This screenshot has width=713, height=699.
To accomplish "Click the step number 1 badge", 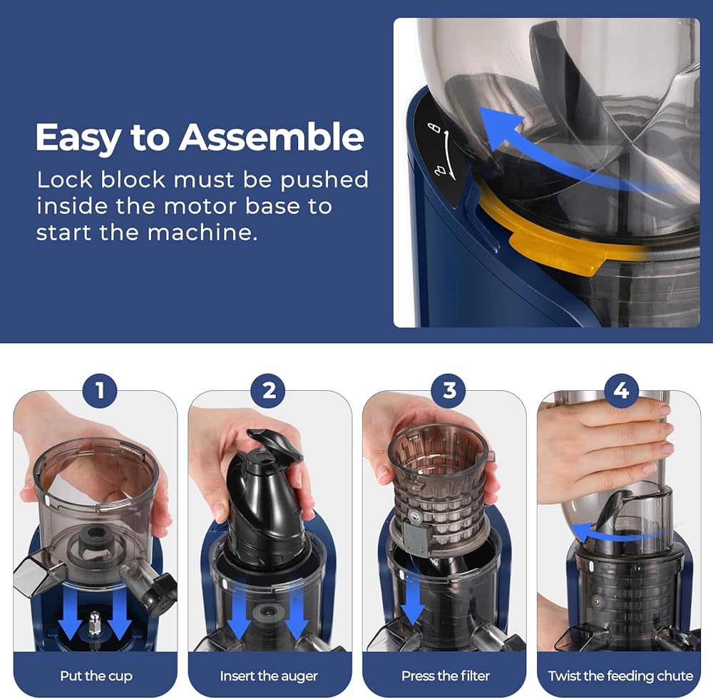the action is (100, 390).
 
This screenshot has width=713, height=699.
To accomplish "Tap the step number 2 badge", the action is (268, 390).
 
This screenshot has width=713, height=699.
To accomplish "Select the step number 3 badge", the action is (448, 390).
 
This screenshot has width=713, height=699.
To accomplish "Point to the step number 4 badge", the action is (621, 390).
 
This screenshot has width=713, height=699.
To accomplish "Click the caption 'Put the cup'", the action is (96, 675).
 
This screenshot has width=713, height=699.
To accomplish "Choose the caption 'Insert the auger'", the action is (269, 675).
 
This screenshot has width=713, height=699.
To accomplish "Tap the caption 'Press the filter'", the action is (446, 675).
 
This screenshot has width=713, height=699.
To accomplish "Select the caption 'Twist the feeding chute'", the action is (621, 675).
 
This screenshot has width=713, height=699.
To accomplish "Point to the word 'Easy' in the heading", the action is (78, 138).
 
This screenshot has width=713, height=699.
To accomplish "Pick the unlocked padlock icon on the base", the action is (434, 128).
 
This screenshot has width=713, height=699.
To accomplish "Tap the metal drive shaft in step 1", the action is (95, 624).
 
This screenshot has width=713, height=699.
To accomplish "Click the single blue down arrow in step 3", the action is (412, 601).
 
